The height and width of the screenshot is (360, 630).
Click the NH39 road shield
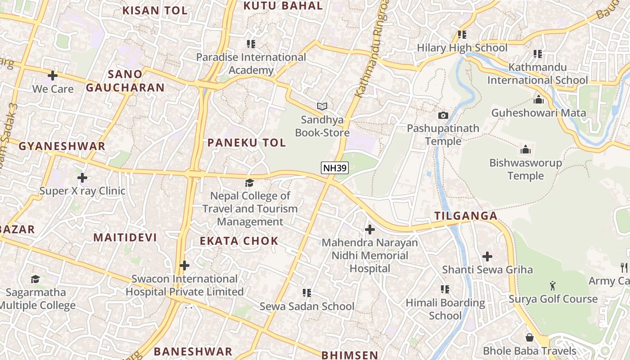[335, 168]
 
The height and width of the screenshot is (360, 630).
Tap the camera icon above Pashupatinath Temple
[443, 115]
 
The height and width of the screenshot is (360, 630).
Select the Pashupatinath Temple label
[443, 135]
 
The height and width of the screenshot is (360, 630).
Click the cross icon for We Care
[53, 76]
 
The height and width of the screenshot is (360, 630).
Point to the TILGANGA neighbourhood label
[466, 216]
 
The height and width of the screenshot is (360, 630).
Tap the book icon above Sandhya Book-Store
[322, 106]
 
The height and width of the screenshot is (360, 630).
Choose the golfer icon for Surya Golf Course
[553, 285]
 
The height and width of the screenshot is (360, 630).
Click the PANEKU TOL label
[247, 143]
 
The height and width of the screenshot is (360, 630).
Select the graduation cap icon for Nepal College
[249, 182]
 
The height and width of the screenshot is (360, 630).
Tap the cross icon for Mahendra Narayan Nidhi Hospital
[369, 229]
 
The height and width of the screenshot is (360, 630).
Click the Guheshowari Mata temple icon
[538, 99]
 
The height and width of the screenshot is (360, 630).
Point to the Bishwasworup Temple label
[526, 169]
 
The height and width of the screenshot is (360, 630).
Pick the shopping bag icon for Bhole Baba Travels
[530, 337]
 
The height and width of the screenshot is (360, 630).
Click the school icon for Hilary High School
[462, 34]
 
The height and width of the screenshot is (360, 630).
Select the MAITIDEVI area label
[125, 238]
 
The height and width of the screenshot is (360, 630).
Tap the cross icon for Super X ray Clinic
[82, 177]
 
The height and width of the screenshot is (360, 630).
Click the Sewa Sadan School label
[307, 306]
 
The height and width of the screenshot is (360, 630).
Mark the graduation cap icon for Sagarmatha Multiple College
[36, 279]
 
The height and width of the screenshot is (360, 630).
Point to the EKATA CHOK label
[239, 241]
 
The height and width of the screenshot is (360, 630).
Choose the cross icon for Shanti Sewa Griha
[487, 256]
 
